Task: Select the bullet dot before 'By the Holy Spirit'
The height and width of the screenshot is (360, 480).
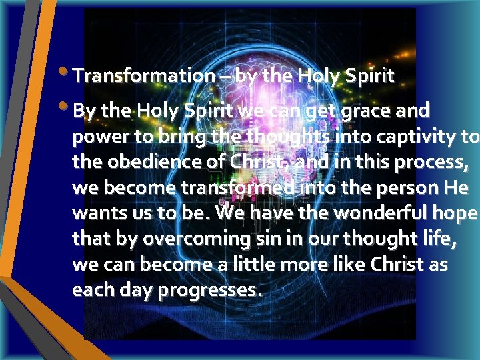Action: [x=63, y=106]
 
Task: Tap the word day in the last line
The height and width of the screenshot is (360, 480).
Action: [x=124, y=291]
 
